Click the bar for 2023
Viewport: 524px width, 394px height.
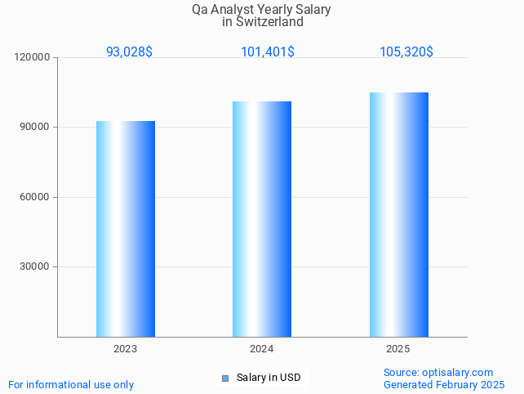126,229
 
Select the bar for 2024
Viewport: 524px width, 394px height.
262,219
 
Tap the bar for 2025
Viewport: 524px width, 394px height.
398,214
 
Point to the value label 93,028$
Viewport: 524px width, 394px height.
129,51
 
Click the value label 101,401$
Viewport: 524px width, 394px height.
268,51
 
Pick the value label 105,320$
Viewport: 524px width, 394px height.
406,51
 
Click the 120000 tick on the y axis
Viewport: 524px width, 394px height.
33,57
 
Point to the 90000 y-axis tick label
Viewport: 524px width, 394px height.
36,128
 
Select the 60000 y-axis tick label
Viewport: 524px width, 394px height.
36,197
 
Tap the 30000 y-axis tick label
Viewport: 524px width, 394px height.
36,266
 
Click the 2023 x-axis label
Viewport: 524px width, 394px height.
125,349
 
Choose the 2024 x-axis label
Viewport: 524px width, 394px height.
261,349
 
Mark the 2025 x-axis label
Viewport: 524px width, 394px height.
397,349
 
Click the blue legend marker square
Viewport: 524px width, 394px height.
225,378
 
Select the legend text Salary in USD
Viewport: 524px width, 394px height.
269,378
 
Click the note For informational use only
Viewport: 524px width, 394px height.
71,384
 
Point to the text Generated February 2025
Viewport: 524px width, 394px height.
444,384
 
